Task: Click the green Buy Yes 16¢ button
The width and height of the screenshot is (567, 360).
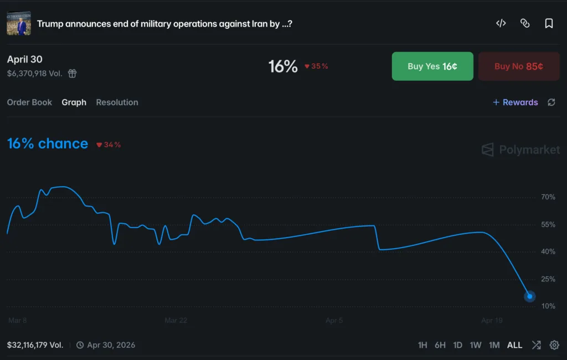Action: [432, 66]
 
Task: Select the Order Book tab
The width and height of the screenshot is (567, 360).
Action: [29, 102]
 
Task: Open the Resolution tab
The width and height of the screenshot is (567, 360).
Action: [117, 102]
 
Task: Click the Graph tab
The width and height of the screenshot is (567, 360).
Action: [74, 102]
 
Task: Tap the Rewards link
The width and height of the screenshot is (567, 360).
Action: [516, 102]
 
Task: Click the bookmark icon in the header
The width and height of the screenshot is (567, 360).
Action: [549, 23]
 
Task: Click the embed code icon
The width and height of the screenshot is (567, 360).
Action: [501, 23]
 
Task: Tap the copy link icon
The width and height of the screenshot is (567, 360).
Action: [525, 23]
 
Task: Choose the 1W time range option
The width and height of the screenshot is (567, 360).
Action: [476, 345]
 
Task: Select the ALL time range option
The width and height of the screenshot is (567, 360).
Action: [514, 345]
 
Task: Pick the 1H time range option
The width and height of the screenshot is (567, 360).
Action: [422, 345]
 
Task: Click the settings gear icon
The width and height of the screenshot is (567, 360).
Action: [554, 345]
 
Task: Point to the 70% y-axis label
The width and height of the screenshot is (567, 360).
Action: [548, 197]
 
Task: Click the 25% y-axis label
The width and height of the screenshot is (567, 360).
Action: [548, 279]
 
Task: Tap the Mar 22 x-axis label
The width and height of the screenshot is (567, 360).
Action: [176, 321]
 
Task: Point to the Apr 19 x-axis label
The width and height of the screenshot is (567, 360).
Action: [492, 321]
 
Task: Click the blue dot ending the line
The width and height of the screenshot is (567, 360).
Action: [529, 296]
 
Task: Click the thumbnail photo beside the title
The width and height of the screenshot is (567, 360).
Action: [19, 23]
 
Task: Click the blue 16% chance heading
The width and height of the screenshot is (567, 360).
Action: [48, 144]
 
